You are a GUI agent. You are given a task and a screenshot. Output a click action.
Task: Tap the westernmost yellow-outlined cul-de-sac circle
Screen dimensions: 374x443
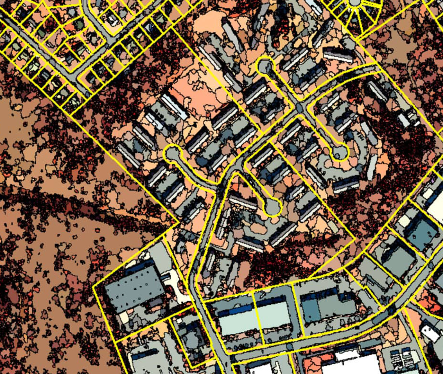coord(172,154)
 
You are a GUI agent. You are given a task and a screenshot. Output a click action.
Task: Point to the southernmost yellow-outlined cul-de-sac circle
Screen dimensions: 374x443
coord(272,207)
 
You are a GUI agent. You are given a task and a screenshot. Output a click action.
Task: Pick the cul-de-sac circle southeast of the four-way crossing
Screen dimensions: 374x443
coord(339,152)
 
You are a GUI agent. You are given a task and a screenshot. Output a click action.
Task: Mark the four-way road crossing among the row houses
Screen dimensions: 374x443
coord(299,107)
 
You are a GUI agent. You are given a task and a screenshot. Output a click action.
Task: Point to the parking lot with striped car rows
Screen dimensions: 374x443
coord(401,357)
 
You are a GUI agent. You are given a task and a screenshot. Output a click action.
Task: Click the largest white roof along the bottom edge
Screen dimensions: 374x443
coord(350,364)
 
